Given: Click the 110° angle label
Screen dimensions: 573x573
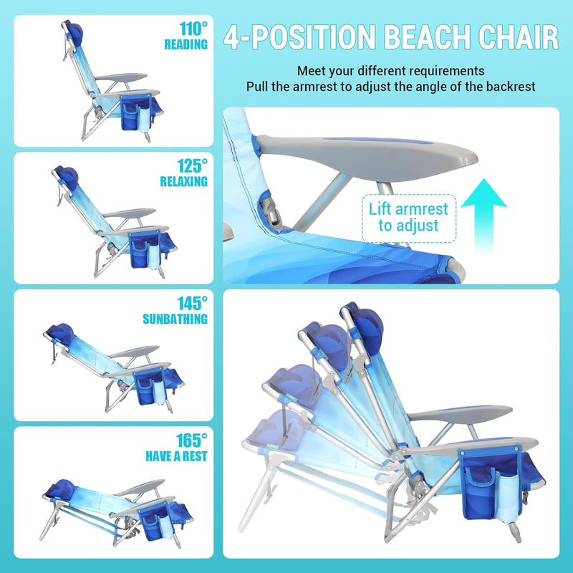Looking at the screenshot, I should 193,29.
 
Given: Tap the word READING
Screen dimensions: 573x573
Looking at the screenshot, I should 186,44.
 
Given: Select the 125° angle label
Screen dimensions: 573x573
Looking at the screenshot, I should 192,166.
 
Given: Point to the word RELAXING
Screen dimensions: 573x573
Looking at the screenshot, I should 184,181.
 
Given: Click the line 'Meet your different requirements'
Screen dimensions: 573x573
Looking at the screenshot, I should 390,71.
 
